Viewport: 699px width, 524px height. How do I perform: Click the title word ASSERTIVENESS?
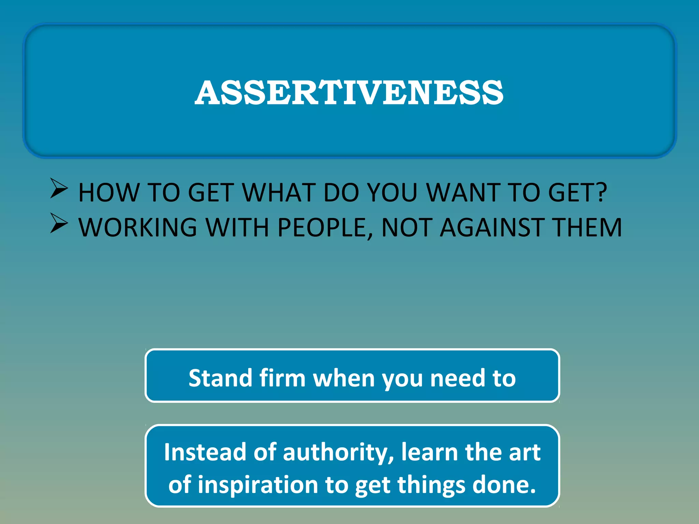pyautogui.click(x=349, y=92)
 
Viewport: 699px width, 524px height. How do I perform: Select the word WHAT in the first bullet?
pyautogui.click(x=279, y=193)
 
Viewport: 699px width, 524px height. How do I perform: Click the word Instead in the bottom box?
pyautogui.click(x=205, y=452)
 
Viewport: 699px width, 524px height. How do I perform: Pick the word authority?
pyautogui.click(x=338, y=452)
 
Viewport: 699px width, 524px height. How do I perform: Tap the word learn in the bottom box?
pyautogui.click(x=429, y=452)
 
